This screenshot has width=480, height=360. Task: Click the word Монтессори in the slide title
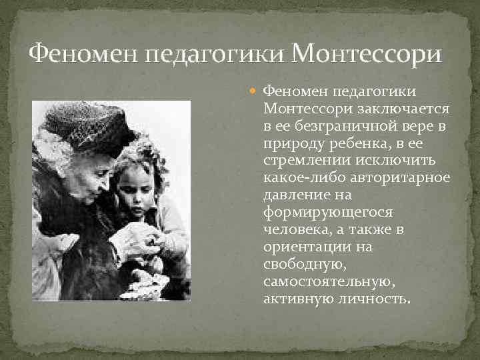pyautogui.click(x=367, y=53)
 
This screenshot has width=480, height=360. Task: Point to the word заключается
pyautogui.click(x=412, y=108)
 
